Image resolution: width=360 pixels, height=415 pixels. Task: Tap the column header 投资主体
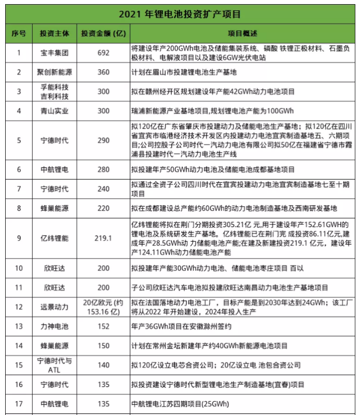click(54, 33)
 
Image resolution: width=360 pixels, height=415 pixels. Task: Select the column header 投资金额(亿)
click(104, 33)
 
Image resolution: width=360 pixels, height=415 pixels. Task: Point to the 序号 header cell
click(19, 33)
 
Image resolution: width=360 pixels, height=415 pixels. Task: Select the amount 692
click(104, 52)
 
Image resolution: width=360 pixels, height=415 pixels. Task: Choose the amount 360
click(104, 72)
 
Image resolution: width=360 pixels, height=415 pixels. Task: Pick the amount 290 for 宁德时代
click(104, 140)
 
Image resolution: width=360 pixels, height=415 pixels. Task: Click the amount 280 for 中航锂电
click(104, 169)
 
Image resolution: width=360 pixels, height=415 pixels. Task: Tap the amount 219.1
click(104, 238)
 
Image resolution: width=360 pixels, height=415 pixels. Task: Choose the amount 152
click(104, 326)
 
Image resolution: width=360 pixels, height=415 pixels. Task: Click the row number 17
click(19, 404)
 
